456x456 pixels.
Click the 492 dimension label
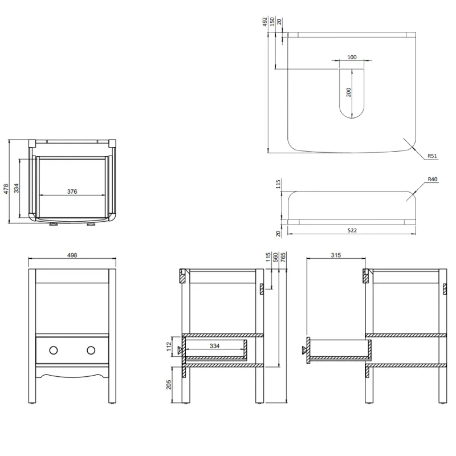[265, 22]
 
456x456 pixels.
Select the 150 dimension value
[273, 22]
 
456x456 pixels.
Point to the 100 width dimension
[351, 57]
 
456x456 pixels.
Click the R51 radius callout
[434, 154]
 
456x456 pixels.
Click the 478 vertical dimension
[6, 189]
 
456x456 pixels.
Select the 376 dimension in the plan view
[72, 192]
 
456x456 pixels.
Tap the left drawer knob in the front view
[54, 350]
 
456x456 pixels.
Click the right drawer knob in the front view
[91, 350]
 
